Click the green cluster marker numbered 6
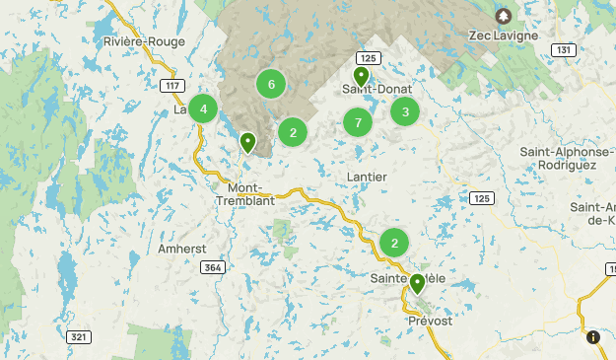click(x=271, y=84)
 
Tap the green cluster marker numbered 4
click(x=203, y=108)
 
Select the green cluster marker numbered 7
click(x=358, y=123)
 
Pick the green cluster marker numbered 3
click(x=405, y=112)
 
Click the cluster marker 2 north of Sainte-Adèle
click(x=394, y=243)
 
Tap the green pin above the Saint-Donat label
click(x=362, y=75)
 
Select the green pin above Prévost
click(x=418, y=284)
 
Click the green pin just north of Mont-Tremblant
click(x=248, y=142)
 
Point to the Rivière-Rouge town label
click(x=144, y=41)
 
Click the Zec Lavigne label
click(x=504, y=36)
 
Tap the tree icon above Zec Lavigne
click(x=504, y=16)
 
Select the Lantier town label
click(x=367, y=177)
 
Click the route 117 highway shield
click(x=173, y=86)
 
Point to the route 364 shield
click(x=211, y=267)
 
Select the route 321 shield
click(x=80, y=336)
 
